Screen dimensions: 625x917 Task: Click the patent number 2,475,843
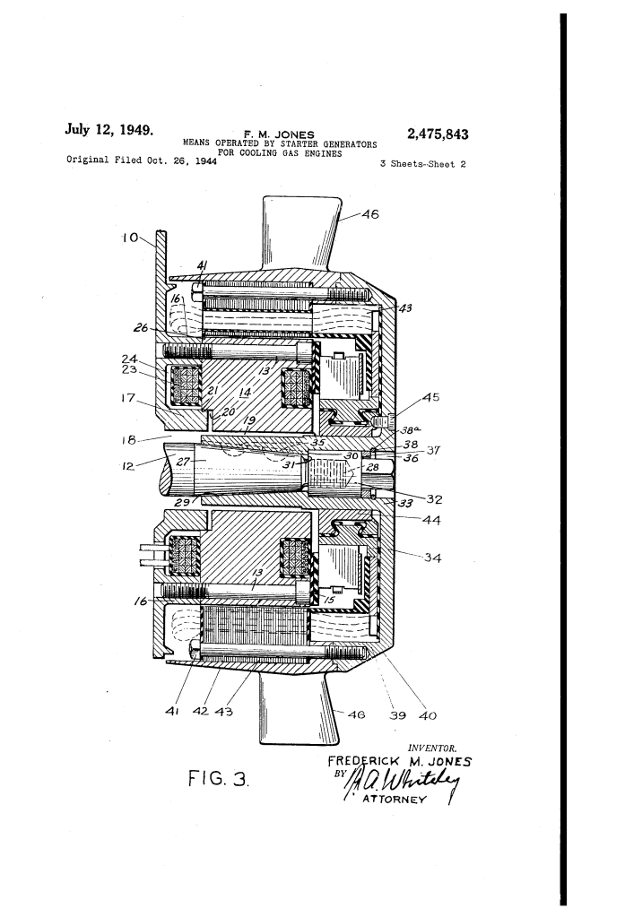point(438,134)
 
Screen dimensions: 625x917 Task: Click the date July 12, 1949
point(109,129)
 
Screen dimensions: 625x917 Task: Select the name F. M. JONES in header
point(279,134)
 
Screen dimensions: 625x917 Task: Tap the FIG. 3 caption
point(218,778)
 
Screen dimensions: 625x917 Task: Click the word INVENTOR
point(432,748)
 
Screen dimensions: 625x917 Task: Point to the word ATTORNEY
point(395,799)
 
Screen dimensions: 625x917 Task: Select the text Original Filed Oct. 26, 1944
point(142,160)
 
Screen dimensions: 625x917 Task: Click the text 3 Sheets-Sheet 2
point(422,164)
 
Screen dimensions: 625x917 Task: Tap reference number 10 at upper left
point(130,238)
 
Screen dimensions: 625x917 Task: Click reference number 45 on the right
point(430,398)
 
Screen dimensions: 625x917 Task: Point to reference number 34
point(432,558)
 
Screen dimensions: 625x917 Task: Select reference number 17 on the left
point(128,398)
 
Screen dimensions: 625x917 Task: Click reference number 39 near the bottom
point(397,715)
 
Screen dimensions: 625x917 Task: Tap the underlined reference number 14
point(246,393)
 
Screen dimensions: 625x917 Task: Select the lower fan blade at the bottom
point(299,706)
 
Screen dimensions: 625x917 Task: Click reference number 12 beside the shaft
point(128,466)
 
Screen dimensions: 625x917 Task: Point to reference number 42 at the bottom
point(201,711)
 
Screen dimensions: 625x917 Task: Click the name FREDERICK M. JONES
point(399,761)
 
